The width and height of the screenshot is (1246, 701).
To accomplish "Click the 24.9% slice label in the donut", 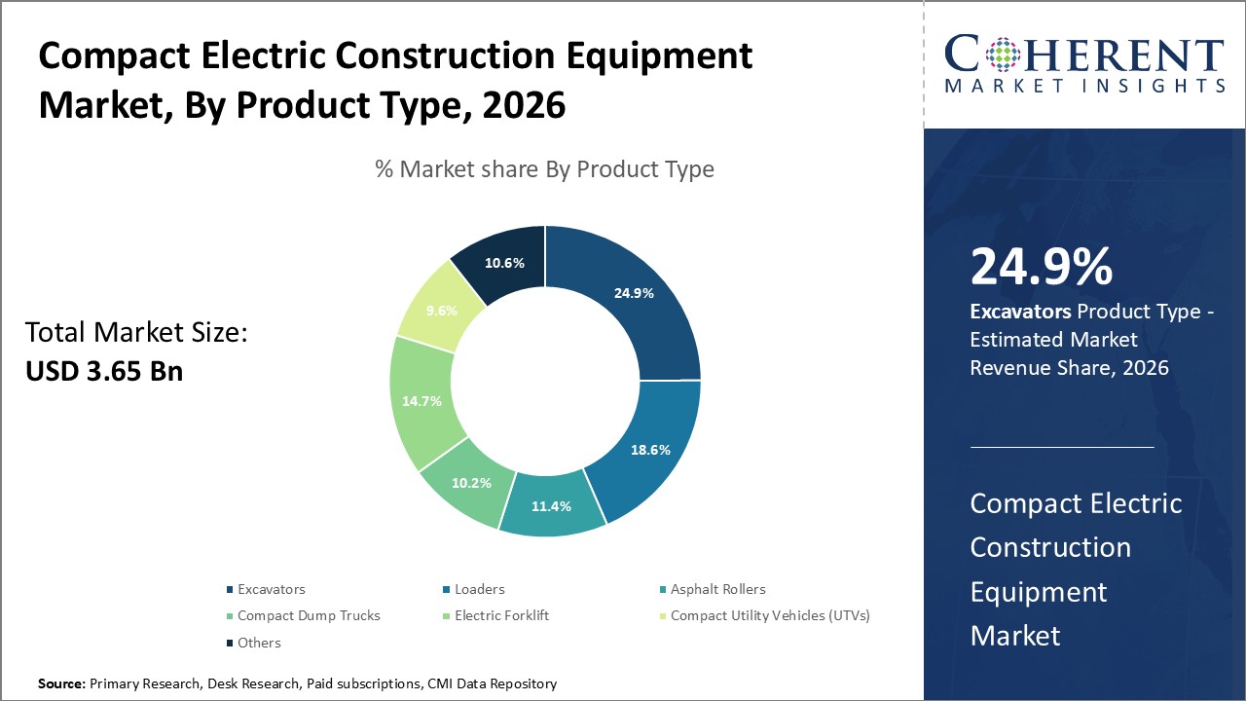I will point(634,292).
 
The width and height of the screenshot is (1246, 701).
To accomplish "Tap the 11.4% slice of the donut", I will point(550,506).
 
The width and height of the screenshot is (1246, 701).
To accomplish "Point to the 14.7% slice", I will point(422,400).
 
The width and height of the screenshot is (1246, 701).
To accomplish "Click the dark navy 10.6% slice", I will point(504,263).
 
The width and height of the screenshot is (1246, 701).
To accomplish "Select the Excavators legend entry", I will point(271,589).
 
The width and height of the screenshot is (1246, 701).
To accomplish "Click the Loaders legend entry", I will point(479,589).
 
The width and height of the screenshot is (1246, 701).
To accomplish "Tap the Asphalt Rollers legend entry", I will point(717,589).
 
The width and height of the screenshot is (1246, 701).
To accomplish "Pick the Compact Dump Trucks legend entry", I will point(309,615).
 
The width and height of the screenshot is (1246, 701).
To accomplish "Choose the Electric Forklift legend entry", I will point(501,615).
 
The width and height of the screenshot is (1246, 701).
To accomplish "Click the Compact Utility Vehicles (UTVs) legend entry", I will point(769,615).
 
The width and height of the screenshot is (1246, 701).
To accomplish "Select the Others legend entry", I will point(259,643).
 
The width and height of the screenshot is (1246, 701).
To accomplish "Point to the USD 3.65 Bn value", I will point(104,371).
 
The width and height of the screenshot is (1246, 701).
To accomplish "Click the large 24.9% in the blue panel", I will point(1041,267).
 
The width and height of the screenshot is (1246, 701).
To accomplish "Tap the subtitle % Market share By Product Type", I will point(544,169).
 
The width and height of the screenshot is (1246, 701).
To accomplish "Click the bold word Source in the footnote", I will point(61,684).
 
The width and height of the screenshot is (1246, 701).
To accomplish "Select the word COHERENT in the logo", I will point(1084,55).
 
